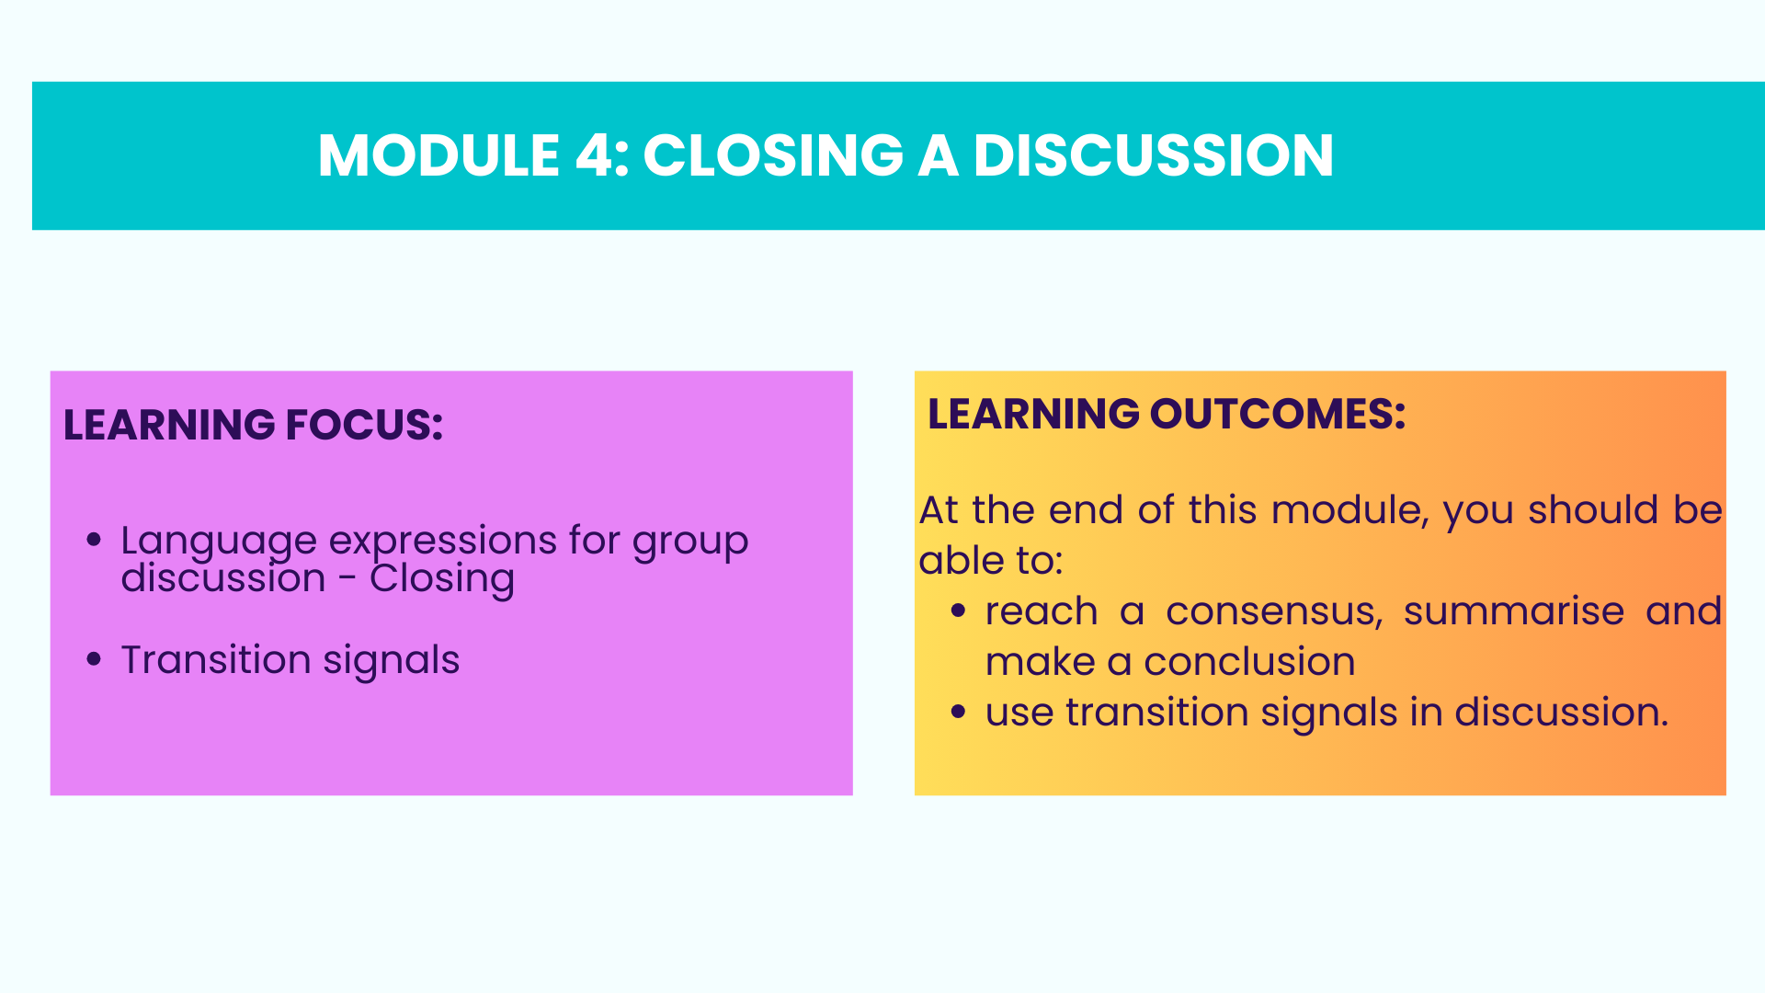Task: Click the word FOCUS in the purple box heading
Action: (x=364, y=425)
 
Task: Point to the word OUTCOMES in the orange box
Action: (x=1278, y=414)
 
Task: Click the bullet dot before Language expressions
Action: (x=93, y=540)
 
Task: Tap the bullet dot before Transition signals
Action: (x=93, y=659)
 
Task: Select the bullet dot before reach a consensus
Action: (x=958, y=611)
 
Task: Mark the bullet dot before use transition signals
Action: (x=958, y=712)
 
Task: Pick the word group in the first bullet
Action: (x=690, y=542)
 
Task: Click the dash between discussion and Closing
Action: (x=347, y=580)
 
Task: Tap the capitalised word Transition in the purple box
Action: (x=216, y=659)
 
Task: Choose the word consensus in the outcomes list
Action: (x=1274, y=611)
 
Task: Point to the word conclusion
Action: (x=1249, y=662)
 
